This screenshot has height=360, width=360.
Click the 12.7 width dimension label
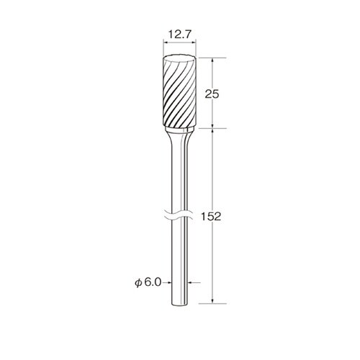(x=179, y=35)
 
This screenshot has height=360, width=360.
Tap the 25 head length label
(x=212, y=94)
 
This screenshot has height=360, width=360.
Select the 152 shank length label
(x=210, y=217)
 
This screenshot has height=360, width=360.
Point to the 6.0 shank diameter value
(x=153, y=282)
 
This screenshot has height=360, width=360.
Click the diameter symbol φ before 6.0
(x=138, y=283)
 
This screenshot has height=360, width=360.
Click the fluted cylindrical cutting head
(x=179, y=92)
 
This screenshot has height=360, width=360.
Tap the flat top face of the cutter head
(x=179, y=58)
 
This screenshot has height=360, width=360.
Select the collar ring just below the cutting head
(x=179, y=129)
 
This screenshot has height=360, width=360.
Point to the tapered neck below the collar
(x=179, y=140)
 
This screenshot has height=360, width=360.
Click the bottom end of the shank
(x=179, y=305)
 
